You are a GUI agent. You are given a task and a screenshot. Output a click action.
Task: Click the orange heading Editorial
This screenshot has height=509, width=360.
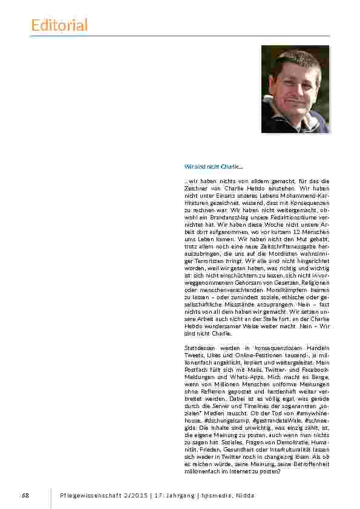point(59,25)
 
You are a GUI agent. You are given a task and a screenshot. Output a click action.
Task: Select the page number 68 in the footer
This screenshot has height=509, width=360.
point(25,496)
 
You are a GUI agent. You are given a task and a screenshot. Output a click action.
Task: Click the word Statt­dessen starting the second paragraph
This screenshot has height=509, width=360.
point(201,348)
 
